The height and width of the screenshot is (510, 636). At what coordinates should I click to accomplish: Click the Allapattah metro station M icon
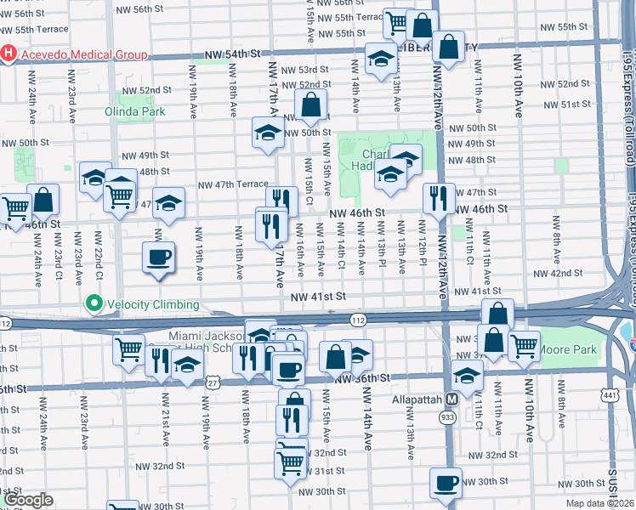pyautogui.click(x=452, y=399)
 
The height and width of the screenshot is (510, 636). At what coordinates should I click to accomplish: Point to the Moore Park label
pyautogui.click(x=571, y=350)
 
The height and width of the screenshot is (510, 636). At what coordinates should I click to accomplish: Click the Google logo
pyautogui.click(x=27, y=501)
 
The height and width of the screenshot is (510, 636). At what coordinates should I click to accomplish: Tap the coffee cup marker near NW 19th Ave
pyautogui.click(x=159, y=256)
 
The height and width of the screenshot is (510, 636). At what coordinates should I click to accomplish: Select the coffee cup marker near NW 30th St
pyautogui.click(x=446, y=483)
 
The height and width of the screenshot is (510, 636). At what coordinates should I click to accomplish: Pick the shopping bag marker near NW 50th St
pyautogui.click(x=312, y=105)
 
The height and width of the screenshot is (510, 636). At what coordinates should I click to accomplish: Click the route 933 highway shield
pyautogui.click(x=447, y=417)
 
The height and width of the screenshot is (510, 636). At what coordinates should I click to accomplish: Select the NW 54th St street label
pyautogui.click(x=231, y=55)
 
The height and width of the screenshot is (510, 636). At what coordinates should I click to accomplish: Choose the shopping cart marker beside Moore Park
pyautogui.click(x=524, y=344)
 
